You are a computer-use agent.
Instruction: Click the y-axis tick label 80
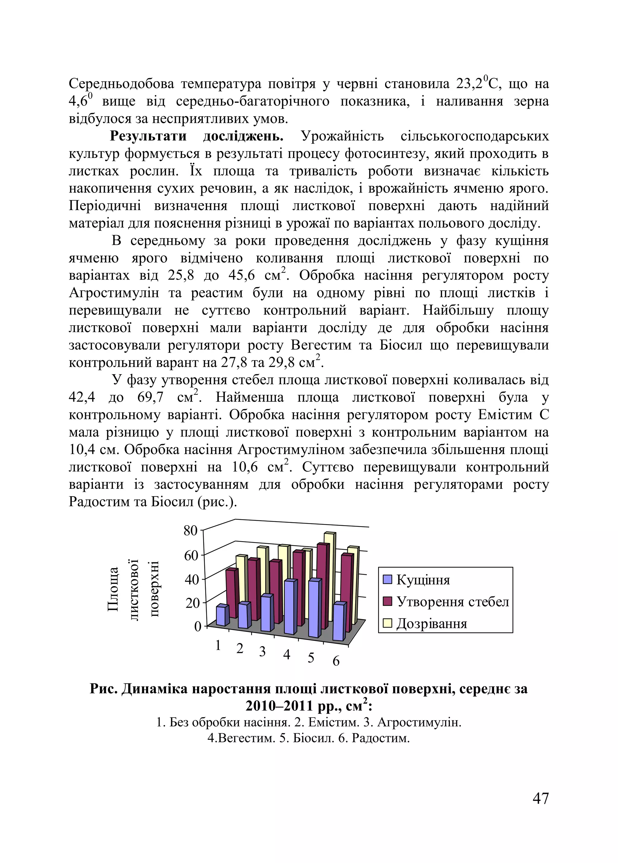[190, 531]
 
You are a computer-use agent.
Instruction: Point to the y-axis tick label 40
[191, 580]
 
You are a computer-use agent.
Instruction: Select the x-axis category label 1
[218, 646]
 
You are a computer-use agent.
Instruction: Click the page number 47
[540, 798]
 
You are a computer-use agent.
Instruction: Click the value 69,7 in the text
[150, 398]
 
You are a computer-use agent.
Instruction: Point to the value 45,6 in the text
[241, 276]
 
